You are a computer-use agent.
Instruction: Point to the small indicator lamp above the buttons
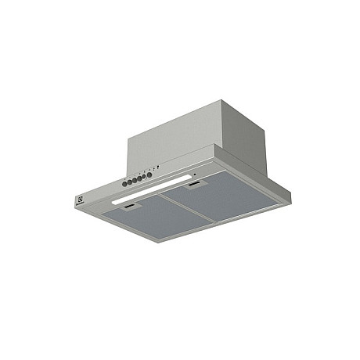click(x=158, y=166)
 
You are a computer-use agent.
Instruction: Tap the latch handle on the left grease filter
click(x=131, y=209)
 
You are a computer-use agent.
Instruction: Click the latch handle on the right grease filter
click(x=194, y=186)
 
